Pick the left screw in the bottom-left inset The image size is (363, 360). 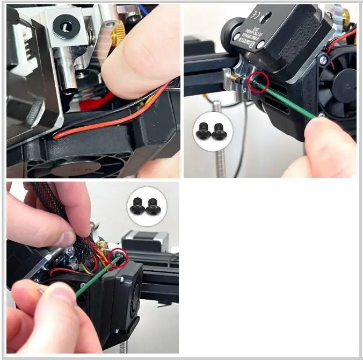138,204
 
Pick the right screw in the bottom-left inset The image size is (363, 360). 153,204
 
